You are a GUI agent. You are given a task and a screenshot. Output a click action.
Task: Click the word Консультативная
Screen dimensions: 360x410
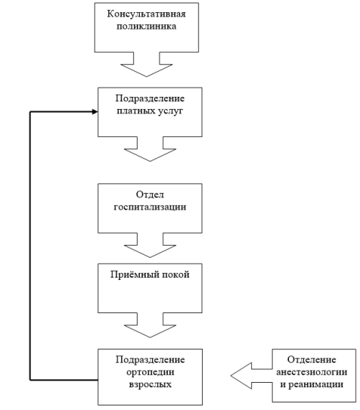(147, 14)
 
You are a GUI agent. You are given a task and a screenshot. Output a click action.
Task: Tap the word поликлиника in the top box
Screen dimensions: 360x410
(147, 26)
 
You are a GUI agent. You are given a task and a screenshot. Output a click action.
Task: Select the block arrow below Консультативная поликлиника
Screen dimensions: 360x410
(147, 64)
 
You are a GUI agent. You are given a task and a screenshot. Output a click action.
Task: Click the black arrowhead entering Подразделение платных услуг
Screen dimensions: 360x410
(95, 112)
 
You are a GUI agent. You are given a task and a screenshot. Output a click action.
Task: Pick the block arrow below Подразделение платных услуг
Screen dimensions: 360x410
(150, 149)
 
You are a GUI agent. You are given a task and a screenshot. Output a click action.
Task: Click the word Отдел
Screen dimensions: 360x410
(150, 194)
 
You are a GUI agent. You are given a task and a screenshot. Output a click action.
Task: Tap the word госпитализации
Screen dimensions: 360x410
(150, 207)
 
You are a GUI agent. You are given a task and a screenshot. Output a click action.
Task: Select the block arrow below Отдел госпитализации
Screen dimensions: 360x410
(150, 245)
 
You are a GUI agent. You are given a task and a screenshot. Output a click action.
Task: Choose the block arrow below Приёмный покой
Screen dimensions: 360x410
(150, 325)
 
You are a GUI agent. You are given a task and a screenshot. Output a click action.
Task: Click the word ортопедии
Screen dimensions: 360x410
(151, 372)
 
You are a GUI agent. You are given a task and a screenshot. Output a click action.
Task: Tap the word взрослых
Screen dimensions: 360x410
(151, 384)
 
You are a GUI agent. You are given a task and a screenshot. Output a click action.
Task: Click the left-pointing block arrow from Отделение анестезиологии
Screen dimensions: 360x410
(252, 376)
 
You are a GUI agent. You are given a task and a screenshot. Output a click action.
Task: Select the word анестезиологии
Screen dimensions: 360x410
(312, 372)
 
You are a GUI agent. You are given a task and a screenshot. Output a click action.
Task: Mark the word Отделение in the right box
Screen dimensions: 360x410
(312, 360)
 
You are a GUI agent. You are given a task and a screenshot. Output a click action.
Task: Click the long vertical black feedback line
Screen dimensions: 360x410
(30, 246)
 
